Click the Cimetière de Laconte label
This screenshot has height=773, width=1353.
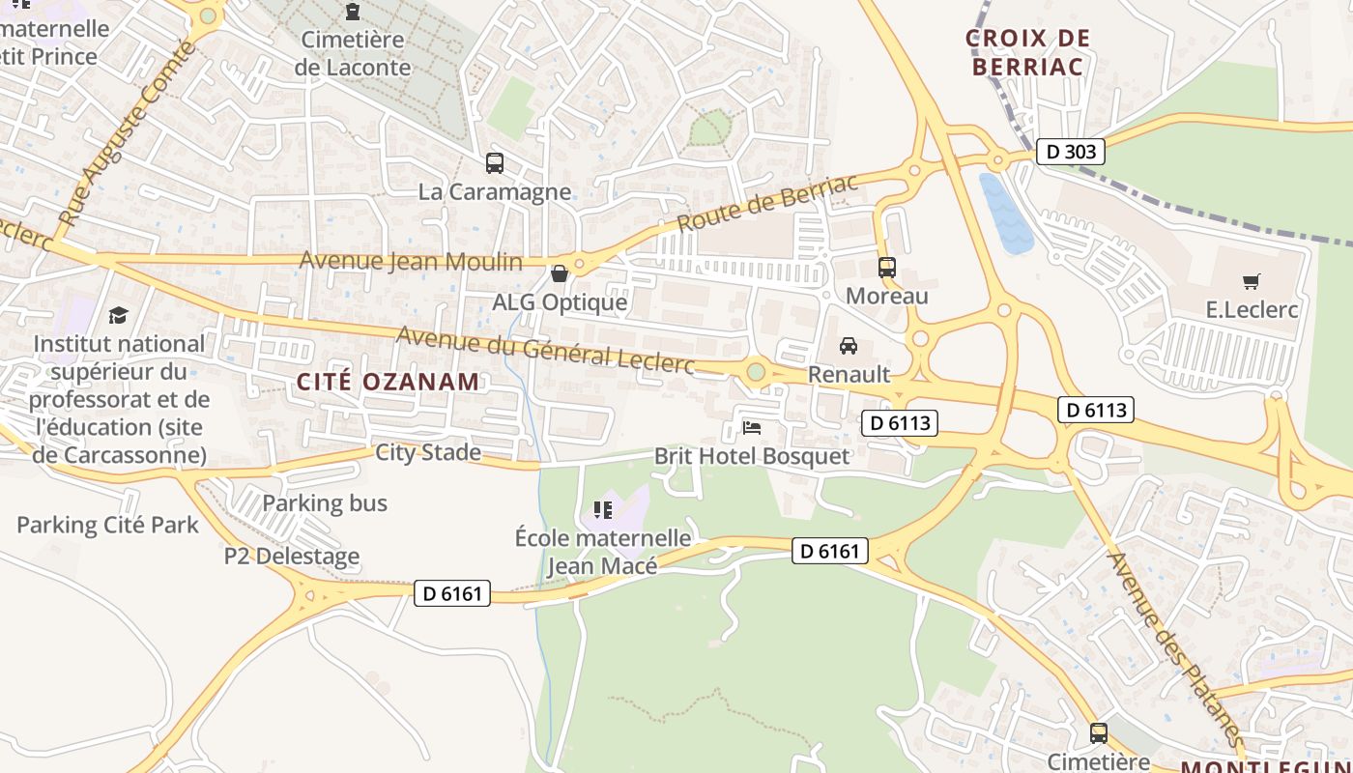coord(353,53)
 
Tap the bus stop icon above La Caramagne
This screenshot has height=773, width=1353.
coord(495,163)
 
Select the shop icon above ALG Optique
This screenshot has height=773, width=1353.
coord(559,274)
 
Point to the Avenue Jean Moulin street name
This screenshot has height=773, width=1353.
coord(411,261)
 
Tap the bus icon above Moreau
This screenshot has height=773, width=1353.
coord(886,268)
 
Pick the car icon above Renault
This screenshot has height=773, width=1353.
coord(849,346)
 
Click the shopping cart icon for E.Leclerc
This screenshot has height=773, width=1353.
coord(1252,282)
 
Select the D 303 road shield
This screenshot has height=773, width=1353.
coord(1070,152)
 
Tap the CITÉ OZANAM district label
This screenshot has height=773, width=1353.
coord(388,382)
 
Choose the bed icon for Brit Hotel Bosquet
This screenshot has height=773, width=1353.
coord(752,427)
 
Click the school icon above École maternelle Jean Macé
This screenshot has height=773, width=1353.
coord(603,509)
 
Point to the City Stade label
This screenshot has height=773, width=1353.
coord(428,452)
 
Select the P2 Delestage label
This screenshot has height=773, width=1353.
coord(292,557)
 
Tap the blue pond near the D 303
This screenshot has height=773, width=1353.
coord(1005,213)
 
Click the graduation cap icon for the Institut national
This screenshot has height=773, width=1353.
coord(118,315)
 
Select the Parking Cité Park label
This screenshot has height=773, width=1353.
coord(107,526)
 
